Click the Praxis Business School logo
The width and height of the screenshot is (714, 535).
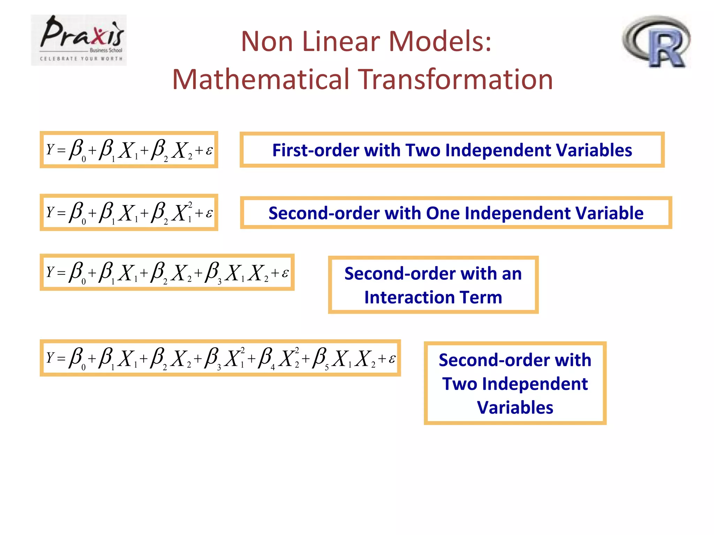[x=79, y=40]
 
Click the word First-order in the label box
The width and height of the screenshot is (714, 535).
[x=316, y=150]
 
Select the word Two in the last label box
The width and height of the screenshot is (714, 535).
[x=460, y=384]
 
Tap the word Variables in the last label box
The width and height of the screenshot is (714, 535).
[x=515, y=408]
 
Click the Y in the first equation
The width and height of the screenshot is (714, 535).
[x=50, y=149]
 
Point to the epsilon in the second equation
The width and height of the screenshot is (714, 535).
[x=209, y=213]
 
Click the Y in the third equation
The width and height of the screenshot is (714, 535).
[x=50, y=272]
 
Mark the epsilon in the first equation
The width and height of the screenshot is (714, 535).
[x=209, y=150]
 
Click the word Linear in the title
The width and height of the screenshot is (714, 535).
[x=341, y=41]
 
